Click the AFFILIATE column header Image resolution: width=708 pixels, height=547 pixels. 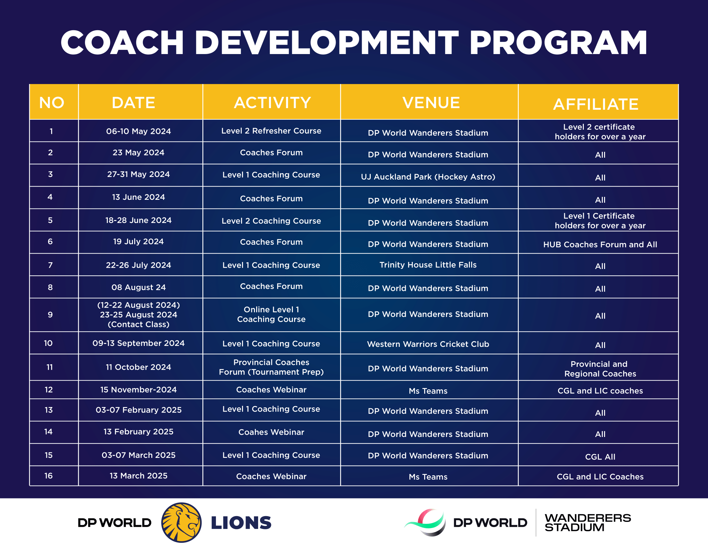pos(596,104)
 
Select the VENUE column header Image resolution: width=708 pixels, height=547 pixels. pos(431,102)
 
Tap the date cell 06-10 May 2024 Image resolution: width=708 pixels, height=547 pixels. pos(138,131)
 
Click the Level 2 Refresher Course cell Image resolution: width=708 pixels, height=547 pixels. pos(271,131)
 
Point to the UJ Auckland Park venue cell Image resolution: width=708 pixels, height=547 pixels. pos(428,177)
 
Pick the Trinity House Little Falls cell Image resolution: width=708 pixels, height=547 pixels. pos(428,265)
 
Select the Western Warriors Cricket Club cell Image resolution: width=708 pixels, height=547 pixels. pos(428,344)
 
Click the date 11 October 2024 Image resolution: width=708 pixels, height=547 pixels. pos(138,367)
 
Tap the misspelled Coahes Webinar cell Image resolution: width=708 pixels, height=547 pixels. pos(271,432)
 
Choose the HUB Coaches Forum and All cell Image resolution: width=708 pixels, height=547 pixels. pos(600,245)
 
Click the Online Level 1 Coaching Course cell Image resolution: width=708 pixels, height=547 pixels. pos(271,314)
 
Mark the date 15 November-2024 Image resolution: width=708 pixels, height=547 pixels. pos(138,390)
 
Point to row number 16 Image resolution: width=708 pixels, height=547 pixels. pos(48,476)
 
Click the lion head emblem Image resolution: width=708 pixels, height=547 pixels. pos(181,522)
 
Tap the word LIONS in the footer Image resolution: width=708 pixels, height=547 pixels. pos(241,523)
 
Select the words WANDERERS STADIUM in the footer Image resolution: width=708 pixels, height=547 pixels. pos(588,522)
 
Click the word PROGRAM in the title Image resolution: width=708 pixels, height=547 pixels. pos(558,42)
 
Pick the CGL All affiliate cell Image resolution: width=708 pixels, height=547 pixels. pos(600,457)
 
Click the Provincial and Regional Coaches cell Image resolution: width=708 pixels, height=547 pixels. pos(600,369)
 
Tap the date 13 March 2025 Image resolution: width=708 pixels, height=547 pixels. pos(138,476)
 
